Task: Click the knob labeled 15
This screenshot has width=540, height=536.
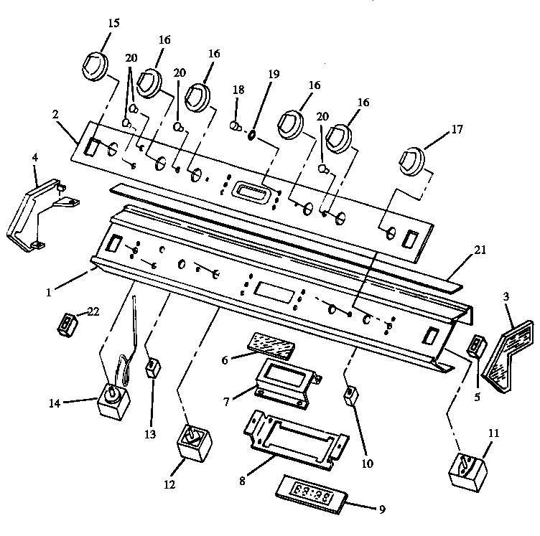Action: tap(92, 66)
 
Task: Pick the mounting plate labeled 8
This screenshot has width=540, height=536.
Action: tap(294, 438)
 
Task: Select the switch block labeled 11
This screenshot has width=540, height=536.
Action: tap(467, 467)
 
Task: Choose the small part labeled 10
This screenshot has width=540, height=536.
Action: tap(350, 395)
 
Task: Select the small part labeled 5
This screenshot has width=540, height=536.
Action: tap(475, 347)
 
